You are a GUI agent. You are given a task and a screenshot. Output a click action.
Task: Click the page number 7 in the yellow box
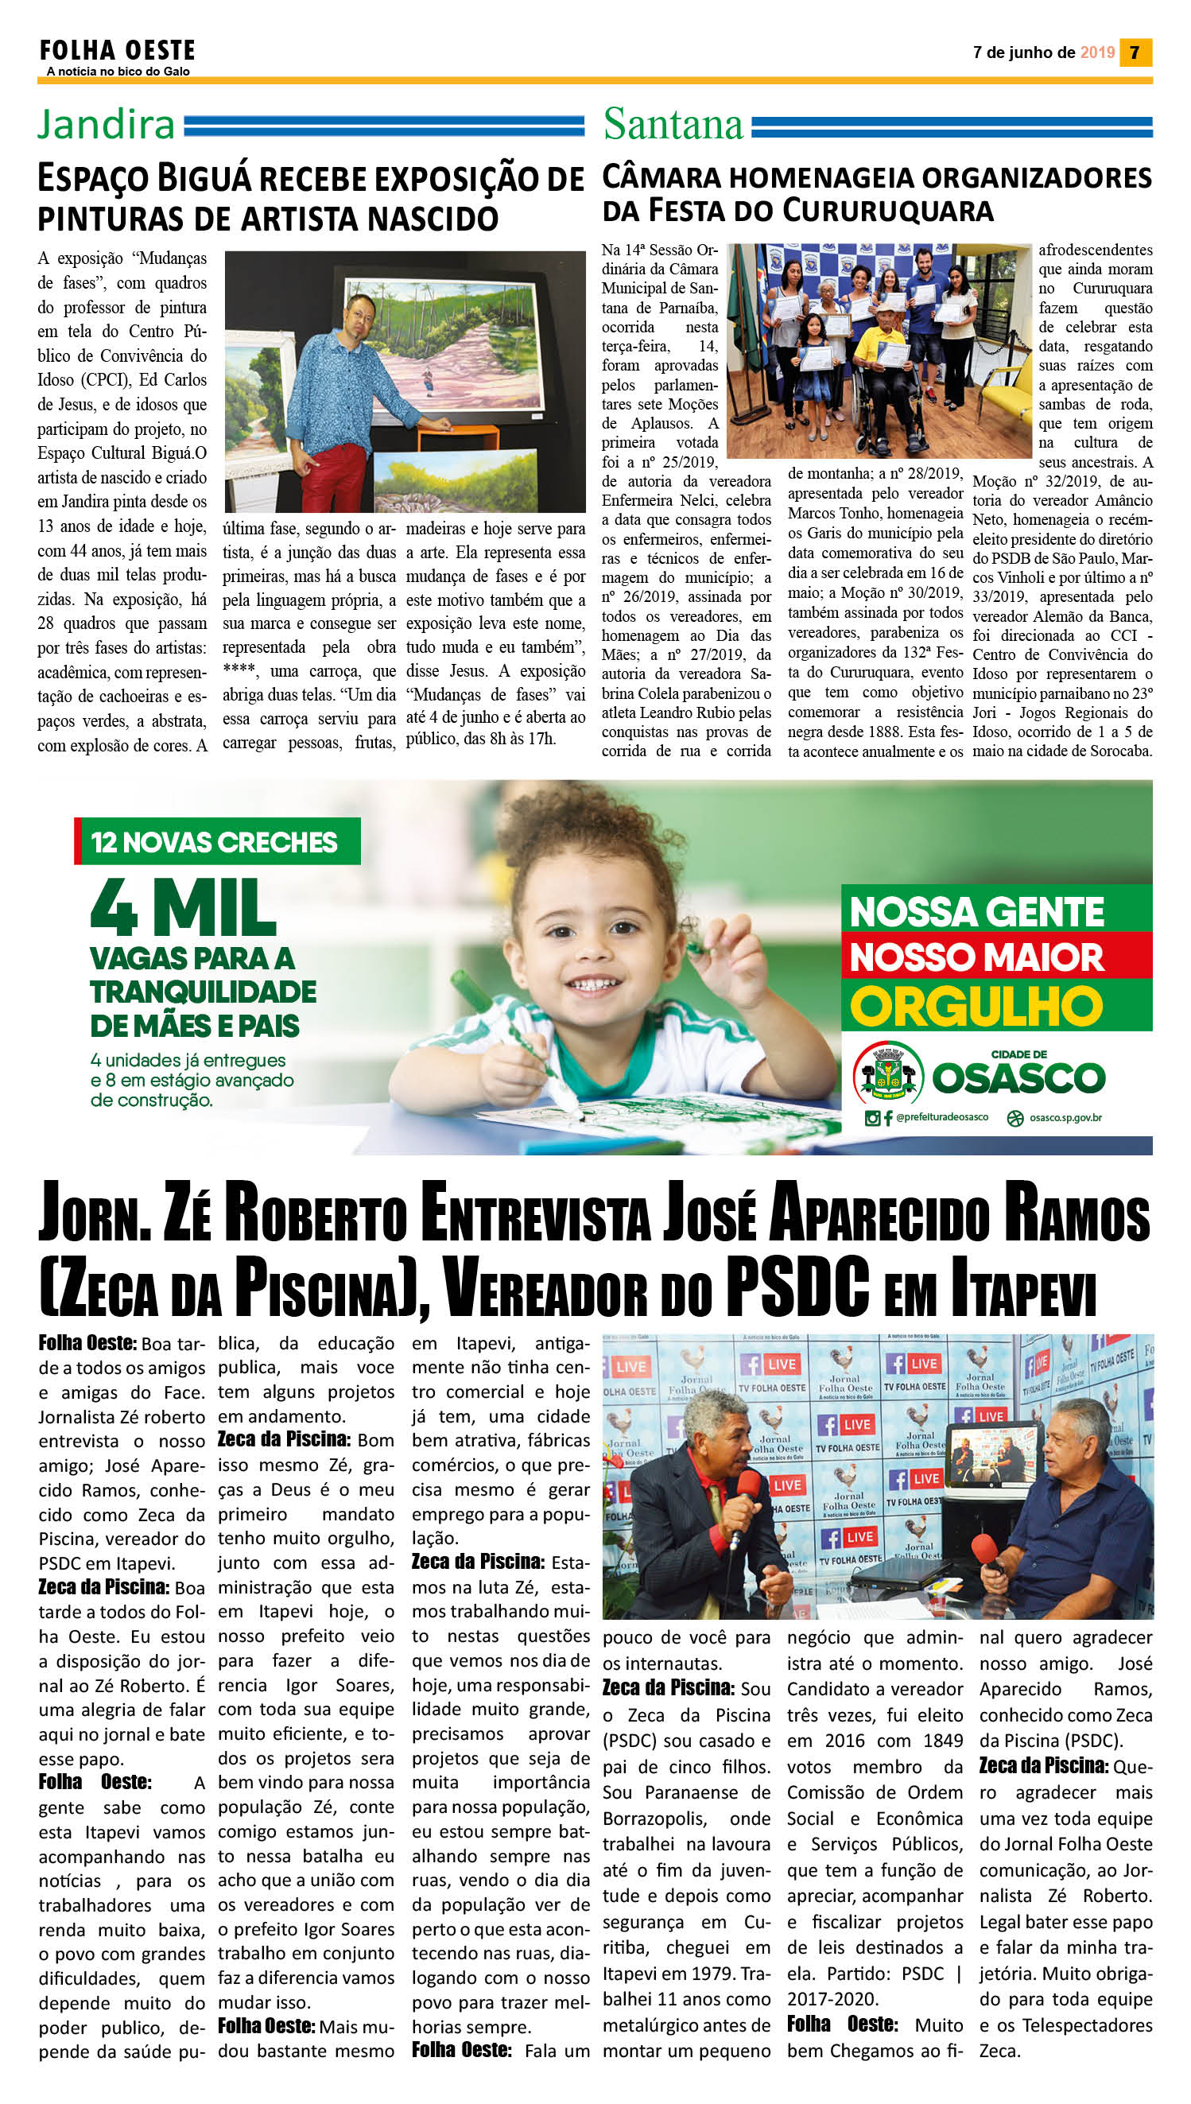pos(1135,53)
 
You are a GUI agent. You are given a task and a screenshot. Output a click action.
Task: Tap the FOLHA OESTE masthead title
pos(117,51)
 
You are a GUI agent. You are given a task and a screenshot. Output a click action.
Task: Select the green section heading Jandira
pos(106,124)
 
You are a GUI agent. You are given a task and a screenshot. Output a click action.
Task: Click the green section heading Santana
pos(673,124)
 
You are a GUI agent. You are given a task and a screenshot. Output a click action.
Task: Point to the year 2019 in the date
pos(1097,53)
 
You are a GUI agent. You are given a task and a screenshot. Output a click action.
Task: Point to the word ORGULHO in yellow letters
pos(976,1006)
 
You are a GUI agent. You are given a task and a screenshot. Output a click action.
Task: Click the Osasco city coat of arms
pos(887,1072)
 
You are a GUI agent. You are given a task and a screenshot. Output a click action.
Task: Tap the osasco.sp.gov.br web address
pos(1065,1117)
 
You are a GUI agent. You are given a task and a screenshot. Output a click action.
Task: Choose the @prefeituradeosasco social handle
pos(941,1116)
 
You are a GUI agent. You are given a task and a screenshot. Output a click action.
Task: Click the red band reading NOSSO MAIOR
pos(977,956)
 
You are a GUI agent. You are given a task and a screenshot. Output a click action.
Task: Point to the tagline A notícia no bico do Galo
pos(118,72)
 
